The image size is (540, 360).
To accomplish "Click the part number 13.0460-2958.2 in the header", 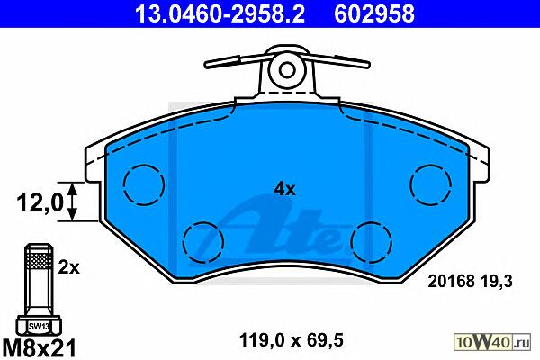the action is coord(220,14).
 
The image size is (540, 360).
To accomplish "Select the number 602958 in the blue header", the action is coord(374,14).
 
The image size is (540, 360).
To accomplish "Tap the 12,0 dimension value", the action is coord(40,202).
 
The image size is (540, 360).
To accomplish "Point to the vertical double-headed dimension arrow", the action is coord(72,202).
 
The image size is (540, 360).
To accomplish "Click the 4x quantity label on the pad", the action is coord(284,189).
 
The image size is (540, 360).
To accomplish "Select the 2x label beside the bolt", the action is coord(68,267).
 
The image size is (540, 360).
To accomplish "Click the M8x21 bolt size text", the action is coord(39,347).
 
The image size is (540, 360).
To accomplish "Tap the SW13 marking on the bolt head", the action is coord(39,326).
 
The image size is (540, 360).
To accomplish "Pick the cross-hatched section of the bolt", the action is coord(40,261).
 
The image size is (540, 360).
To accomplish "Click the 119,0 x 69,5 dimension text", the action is coord(291,341).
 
